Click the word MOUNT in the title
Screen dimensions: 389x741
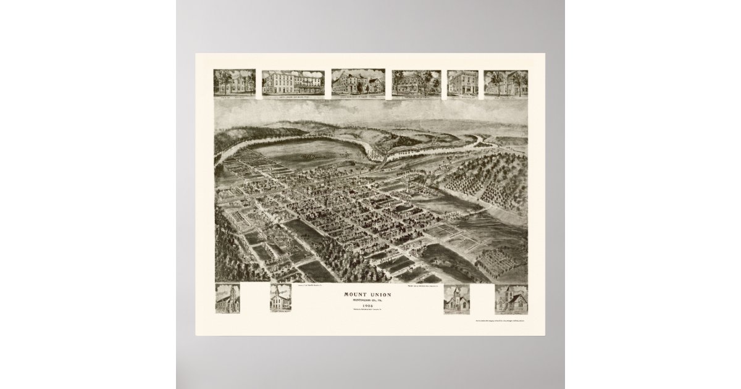pyautogui.click(x=356, y=293)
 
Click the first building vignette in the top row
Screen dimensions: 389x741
pyautogui.click(x=235, y=83)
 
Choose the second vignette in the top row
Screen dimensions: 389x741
pyautogui.click(x=293, y=83)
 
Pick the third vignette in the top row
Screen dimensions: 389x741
pyautogui.click(x=358, y=83)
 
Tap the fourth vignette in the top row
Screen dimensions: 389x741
pyautogui.click(x=416, y=83)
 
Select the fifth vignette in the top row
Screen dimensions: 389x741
pyautogui.click(x=463, y=83)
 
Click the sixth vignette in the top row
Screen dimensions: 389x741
pyautogui.click(x=506, y=83)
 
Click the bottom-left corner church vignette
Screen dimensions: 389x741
pyautogui.click(x=227, y=299)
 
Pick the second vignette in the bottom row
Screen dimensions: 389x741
pyautogui.click(x=280, y=299)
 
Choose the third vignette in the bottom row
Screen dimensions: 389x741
pyautogui.click(x=456, y=299)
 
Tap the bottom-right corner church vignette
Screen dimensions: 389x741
pyautogui.click(x=511, y=299)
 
